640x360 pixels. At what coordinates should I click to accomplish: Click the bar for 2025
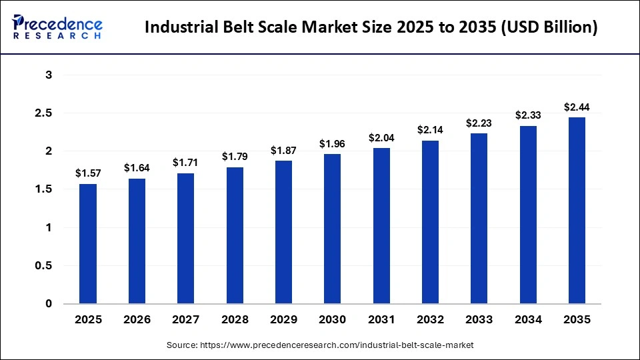coord(88,243)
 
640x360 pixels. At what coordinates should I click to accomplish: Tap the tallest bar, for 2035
coord(577,210)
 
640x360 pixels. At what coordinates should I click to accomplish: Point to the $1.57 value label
coord(88,173)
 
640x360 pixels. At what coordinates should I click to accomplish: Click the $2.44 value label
coord(577,107)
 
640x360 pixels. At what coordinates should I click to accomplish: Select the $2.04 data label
coord(381,137)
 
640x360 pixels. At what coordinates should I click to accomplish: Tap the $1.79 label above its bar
coord(235,157)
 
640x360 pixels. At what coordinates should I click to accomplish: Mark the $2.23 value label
coord(479,123)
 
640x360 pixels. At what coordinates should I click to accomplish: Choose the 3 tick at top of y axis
coord(49,75)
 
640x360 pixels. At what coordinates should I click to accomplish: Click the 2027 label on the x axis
coord(186,320)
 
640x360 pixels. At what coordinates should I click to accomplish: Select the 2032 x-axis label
coord(431,320)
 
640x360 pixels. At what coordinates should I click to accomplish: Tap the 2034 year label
coord(529,320)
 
